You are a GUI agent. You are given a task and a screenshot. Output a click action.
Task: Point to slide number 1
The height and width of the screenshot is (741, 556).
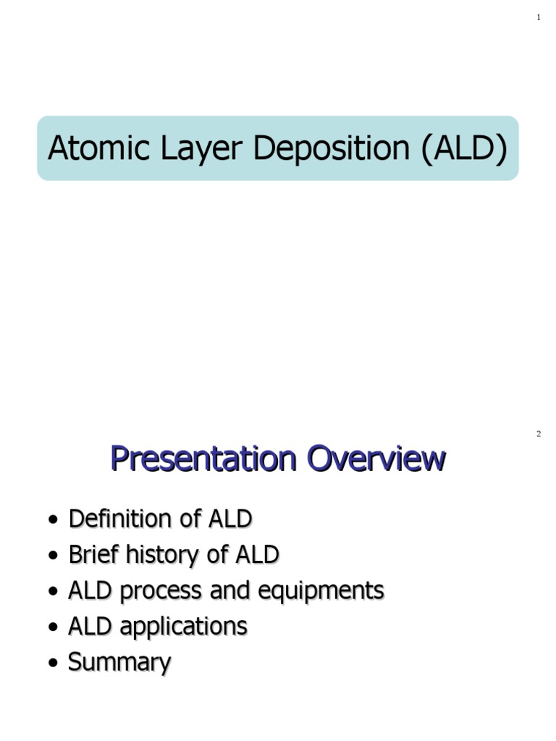pos(539,17)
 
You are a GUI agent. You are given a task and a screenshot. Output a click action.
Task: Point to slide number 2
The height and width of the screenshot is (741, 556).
pos(539,434)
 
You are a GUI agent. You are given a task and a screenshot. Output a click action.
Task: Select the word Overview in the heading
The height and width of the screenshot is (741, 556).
pos(376,459)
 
